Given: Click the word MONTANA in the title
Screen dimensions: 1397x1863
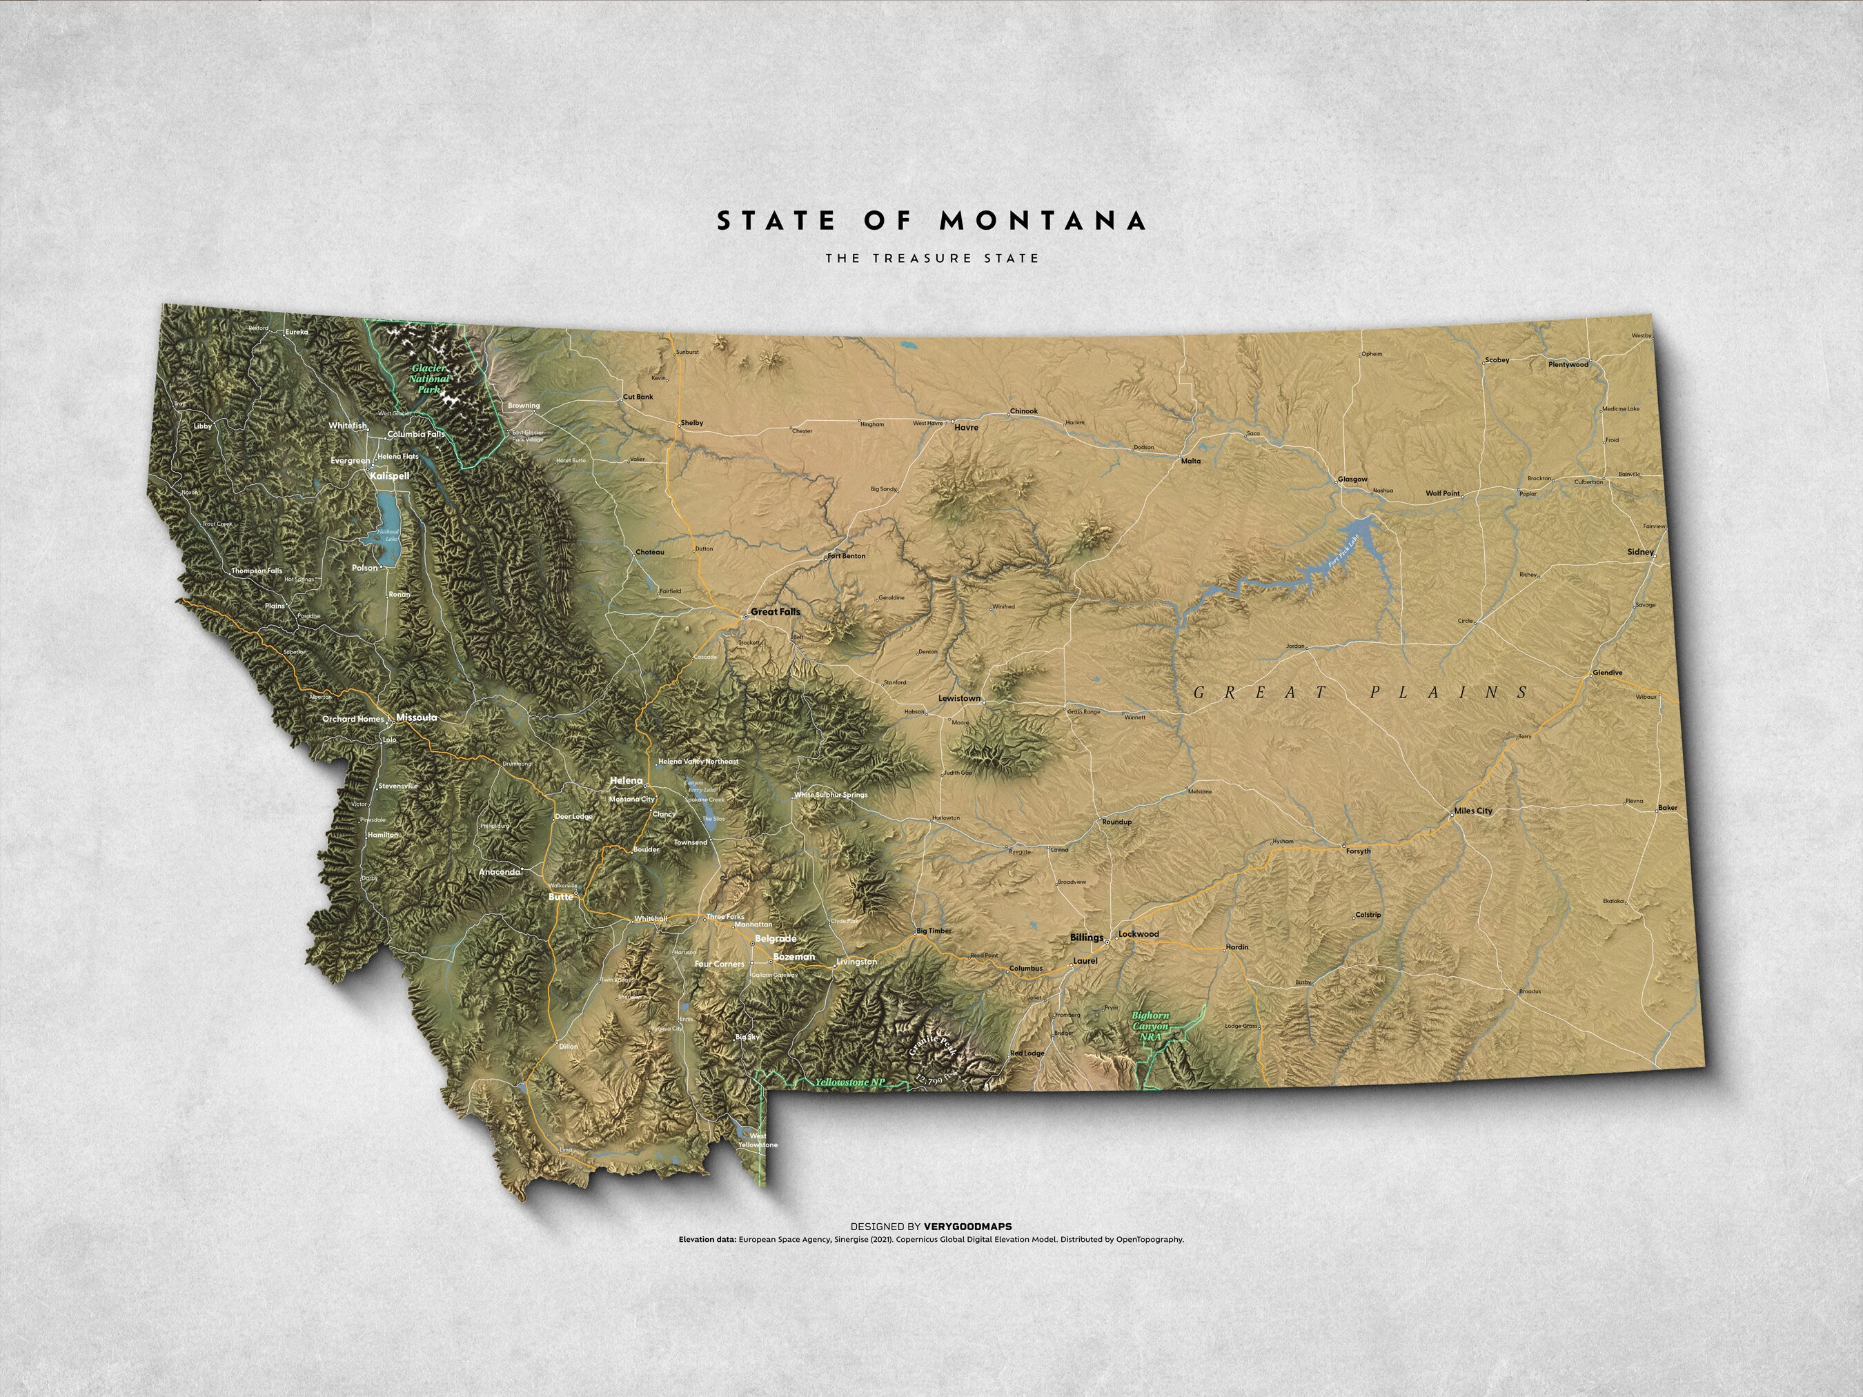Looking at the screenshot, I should tap(1043, 221).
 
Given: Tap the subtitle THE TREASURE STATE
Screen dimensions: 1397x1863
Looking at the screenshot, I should tap(932, 258).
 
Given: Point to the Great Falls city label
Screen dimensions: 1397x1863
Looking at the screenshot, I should tap(775, 612).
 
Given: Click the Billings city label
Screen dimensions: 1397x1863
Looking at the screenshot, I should tap(1087, 938).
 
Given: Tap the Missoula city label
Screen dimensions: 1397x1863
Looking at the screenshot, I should tap(416, 717).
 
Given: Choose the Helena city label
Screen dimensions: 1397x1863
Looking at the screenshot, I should tap(626, 781).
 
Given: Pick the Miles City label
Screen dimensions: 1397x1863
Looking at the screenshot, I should tap(1473, 811).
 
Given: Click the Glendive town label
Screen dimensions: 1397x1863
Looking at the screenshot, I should tap(1607, 673).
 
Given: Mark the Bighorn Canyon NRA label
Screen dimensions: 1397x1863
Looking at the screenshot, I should tap(1150, 1027).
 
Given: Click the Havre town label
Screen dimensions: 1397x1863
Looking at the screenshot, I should tap(966, 428).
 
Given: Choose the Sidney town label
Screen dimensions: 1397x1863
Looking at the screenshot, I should tap(1641, 552).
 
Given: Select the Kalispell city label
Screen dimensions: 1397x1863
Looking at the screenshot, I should tap(389, 476).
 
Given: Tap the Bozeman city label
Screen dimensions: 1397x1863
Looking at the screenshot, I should tap(793, 957).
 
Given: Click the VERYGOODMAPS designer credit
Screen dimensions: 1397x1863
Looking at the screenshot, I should tap(967, 1227).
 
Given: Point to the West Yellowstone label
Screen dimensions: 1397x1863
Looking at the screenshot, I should tap(757, 1141).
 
